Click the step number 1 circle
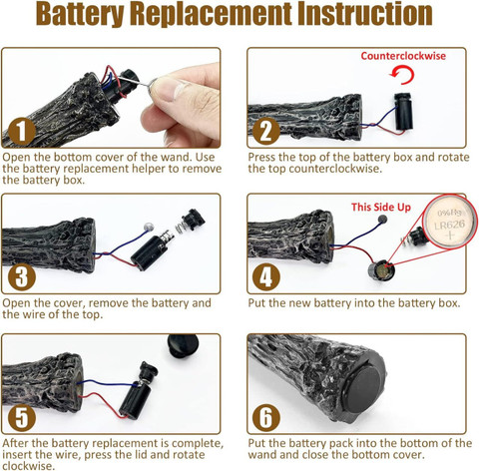point(22,131)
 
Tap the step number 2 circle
point(266,131)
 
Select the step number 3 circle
point(22,276)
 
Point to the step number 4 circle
point(266,276)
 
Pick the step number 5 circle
point(22,417)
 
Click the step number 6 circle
point(266,417)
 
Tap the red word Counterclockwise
point(403,56)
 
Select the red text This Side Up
point(381,207)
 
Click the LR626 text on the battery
point(449,226)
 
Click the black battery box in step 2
point(403,111)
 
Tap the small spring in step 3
point(180,228)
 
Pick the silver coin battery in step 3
point(149,228)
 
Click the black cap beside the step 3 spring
point(193,219)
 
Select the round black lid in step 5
point(183,346)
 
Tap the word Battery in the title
point(80,15)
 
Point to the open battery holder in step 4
point(381,271)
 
